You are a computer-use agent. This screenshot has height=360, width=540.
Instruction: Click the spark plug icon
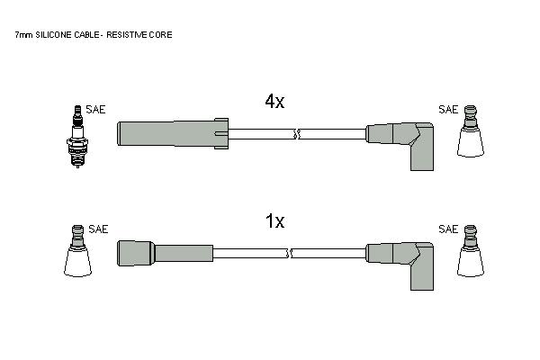pyautogui.click(x=77, y=136)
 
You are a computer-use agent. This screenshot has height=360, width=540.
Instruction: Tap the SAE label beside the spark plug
pyautogui.click(x=95, y=110)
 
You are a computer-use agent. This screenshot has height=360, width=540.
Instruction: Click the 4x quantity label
pyautogui.click(x=274, y=102)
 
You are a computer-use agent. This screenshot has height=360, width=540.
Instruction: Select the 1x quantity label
pyautogui.click(x=274, y=221)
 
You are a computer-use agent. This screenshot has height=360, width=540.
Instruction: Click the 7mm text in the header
pyautogui.click(x=23, y=35)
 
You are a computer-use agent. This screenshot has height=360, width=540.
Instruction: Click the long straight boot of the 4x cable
pyautogui.click(x=173, y=134)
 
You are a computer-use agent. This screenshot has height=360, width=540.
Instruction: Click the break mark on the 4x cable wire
pyautogui.click(x=297, y=134)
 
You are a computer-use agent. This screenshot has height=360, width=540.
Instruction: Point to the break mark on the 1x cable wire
pyautogui.click(x=289, y=254)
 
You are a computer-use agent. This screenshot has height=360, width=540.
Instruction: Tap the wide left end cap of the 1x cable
pyautogui.click(x=135, y=253)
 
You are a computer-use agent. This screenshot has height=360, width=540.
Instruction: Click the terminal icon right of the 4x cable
pyautogui.click(x=471, y=131)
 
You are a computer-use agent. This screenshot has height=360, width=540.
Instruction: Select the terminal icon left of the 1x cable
pyautogui.click(x=77, y=251)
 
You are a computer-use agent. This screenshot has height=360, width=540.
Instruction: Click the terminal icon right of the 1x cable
pyautogui.click(x=471, y=251)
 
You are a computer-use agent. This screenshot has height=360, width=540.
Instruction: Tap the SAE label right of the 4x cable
pyautogui.click(x=448, y=110)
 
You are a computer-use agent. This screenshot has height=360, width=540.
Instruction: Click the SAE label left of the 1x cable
pyautogui.click(x=98, y=229)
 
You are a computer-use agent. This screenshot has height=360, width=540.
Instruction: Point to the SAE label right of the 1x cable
pyautogui.click(x=448, y=229)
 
